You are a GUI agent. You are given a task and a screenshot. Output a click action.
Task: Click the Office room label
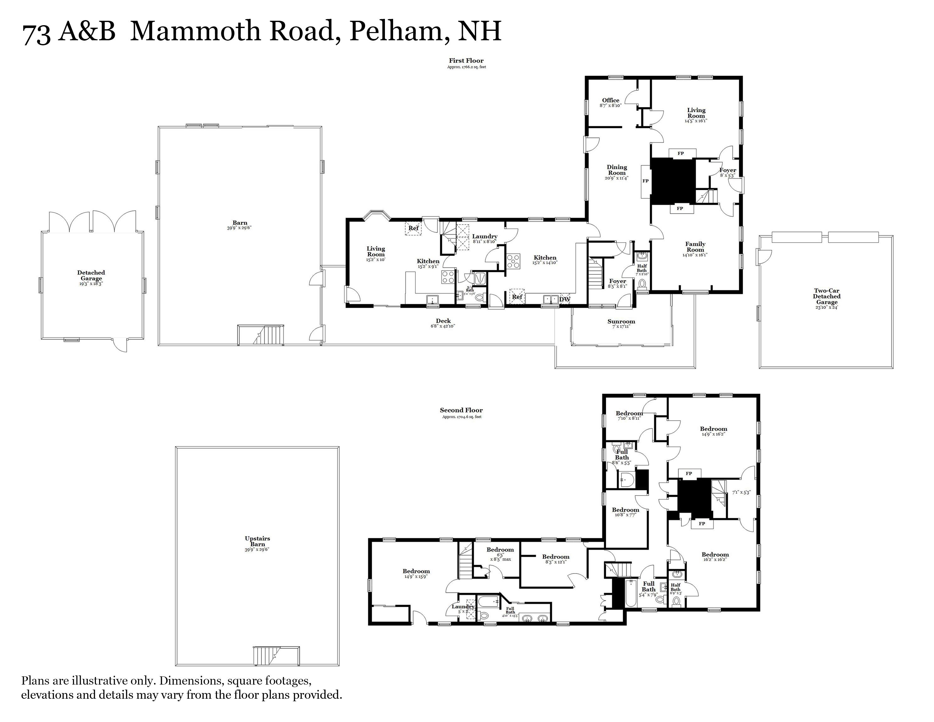click(x=610, y=101)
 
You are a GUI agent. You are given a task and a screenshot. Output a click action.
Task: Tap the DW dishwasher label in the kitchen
click(x=564, y=299)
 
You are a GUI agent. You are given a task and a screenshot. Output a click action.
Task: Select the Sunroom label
click(x=621, y=322)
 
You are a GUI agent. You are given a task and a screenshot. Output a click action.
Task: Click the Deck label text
click(x=443, y=321)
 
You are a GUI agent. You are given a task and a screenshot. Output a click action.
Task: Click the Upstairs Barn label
click(x=258, y=541)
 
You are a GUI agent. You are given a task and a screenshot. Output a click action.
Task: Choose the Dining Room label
click(x=617, y=170)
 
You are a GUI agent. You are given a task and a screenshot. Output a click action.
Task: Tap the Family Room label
click(x=695, y=247)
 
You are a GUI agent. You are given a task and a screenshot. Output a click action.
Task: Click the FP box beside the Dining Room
click(x=645, y=181)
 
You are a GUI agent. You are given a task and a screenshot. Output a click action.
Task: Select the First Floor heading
click(x=466, y=61)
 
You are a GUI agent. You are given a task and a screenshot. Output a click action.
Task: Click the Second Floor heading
click(x=461, y=410)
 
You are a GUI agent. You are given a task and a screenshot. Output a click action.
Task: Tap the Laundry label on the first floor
click(x=485, y=237)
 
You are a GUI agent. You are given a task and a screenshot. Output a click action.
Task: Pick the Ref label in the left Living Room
click(x=413, y=228)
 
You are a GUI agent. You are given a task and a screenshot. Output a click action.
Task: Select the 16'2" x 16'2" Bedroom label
click(x=715, y=555)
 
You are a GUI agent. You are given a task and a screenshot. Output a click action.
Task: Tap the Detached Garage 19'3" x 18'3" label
click(x=91, y=276)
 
